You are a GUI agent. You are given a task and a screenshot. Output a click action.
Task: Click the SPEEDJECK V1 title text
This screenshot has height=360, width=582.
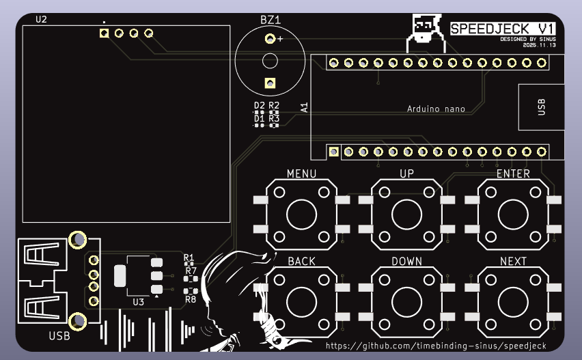pos(503,28)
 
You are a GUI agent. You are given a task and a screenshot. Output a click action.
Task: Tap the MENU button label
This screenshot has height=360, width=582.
pos(301,174)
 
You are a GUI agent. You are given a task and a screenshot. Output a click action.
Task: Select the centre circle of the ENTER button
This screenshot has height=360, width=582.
pos(513,214)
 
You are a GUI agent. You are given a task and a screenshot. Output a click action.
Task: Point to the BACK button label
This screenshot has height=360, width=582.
pos(301,261)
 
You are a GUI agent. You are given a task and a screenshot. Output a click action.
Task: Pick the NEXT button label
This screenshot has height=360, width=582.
pos(513,261)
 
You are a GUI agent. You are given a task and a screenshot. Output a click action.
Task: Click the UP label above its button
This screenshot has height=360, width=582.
pos(406,174)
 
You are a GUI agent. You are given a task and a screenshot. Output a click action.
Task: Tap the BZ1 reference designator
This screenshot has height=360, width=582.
pos(271,20)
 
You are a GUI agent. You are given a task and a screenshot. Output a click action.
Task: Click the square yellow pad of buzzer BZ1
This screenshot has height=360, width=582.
pos(270,84)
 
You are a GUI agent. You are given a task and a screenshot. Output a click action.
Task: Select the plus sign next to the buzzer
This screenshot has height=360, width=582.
pos(280,40)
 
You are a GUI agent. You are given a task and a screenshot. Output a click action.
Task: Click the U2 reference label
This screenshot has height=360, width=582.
pos(41,19)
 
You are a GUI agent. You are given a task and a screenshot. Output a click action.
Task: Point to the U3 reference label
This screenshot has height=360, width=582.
pos(138,301)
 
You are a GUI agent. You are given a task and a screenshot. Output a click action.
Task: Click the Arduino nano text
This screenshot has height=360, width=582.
pos(436,109)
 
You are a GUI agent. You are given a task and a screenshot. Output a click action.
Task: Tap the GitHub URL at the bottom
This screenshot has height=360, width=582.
pos(436,346)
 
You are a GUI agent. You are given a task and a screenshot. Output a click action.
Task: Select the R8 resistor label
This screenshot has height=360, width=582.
pos(191,299)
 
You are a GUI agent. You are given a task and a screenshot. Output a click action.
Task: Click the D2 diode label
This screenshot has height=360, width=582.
pos(259,105)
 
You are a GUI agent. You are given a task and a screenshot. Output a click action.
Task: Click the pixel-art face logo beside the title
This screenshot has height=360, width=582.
pos(425,28)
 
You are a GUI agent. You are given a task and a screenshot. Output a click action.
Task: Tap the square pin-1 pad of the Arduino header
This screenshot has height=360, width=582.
pos(333,151)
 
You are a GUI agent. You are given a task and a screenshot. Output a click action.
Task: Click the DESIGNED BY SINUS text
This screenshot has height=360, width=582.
pos(527,39)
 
